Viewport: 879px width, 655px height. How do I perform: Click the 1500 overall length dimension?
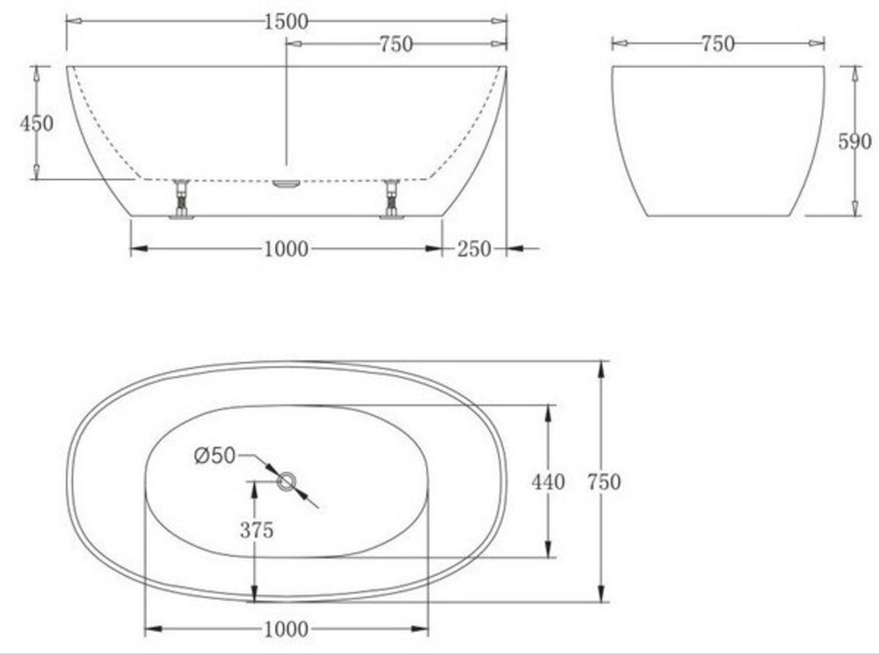point(286,22)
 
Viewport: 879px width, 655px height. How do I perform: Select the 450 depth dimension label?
point(36,123)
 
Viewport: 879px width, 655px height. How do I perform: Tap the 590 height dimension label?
point(855,142)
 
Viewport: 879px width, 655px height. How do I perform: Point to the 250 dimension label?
point(475,249)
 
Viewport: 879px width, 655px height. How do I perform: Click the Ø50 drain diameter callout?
point(214,455)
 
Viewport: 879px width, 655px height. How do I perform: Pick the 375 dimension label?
point(257,530)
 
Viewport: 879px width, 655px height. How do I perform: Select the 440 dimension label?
point(548,482)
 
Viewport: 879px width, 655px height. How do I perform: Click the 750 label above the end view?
point(718,43)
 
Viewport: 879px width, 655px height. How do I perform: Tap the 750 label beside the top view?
point(605,482)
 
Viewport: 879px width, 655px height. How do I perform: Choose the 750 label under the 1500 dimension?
point(396,44)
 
